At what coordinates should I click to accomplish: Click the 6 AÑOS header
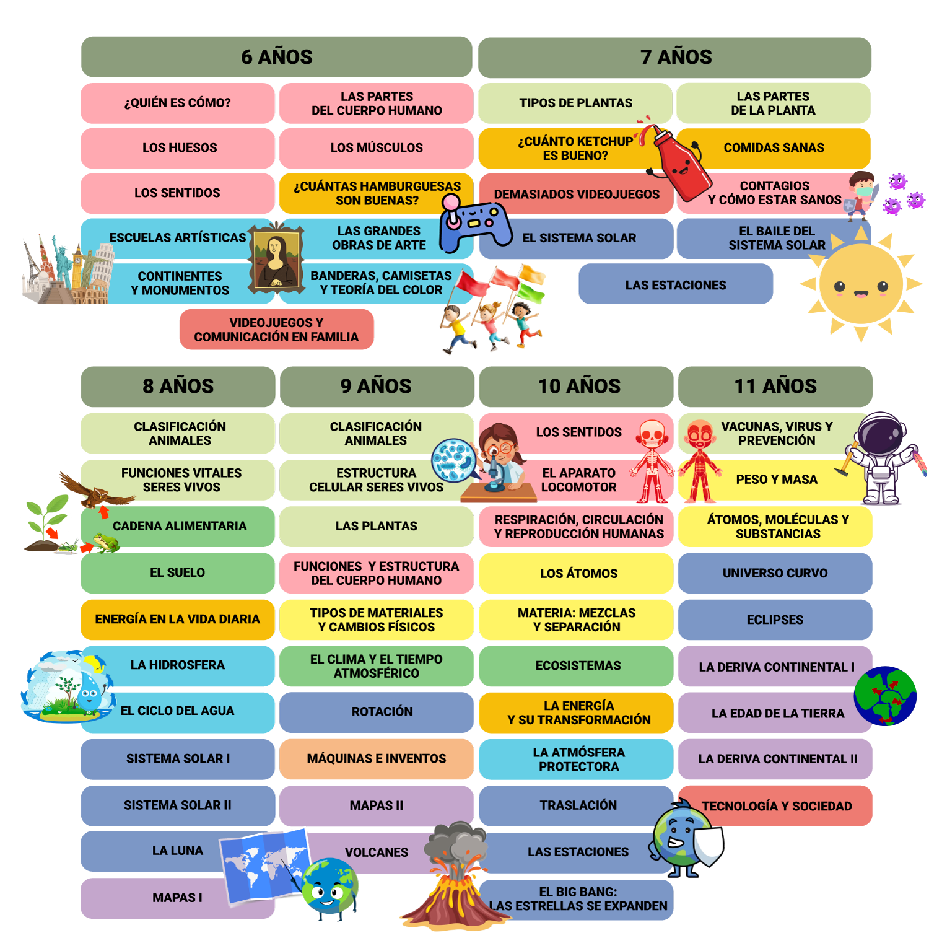276,56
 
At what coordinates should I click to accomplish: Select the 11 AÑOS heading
775,386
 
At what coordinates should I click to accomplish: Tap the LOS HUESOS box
178,148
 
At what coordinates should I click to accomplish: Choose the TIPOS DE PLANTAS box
575,103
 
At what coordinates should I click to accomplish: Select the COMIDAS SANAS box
774,148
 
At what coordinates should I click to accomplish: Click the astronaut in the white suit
883,458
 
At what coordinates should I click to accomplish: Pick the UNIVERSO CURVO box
775,573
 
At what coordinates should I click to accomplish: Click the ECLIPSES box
775,620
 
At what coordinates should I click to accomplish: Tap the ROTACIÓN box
376,712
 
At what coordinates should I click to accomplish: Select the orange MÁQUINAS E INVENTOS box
376,758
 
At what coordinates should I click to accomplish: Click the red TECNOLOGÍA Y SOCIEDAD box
776,806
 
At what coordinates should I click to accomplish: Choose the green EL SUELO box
178,572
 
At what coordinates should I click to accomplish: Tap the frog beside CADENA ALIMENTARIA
105,543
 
